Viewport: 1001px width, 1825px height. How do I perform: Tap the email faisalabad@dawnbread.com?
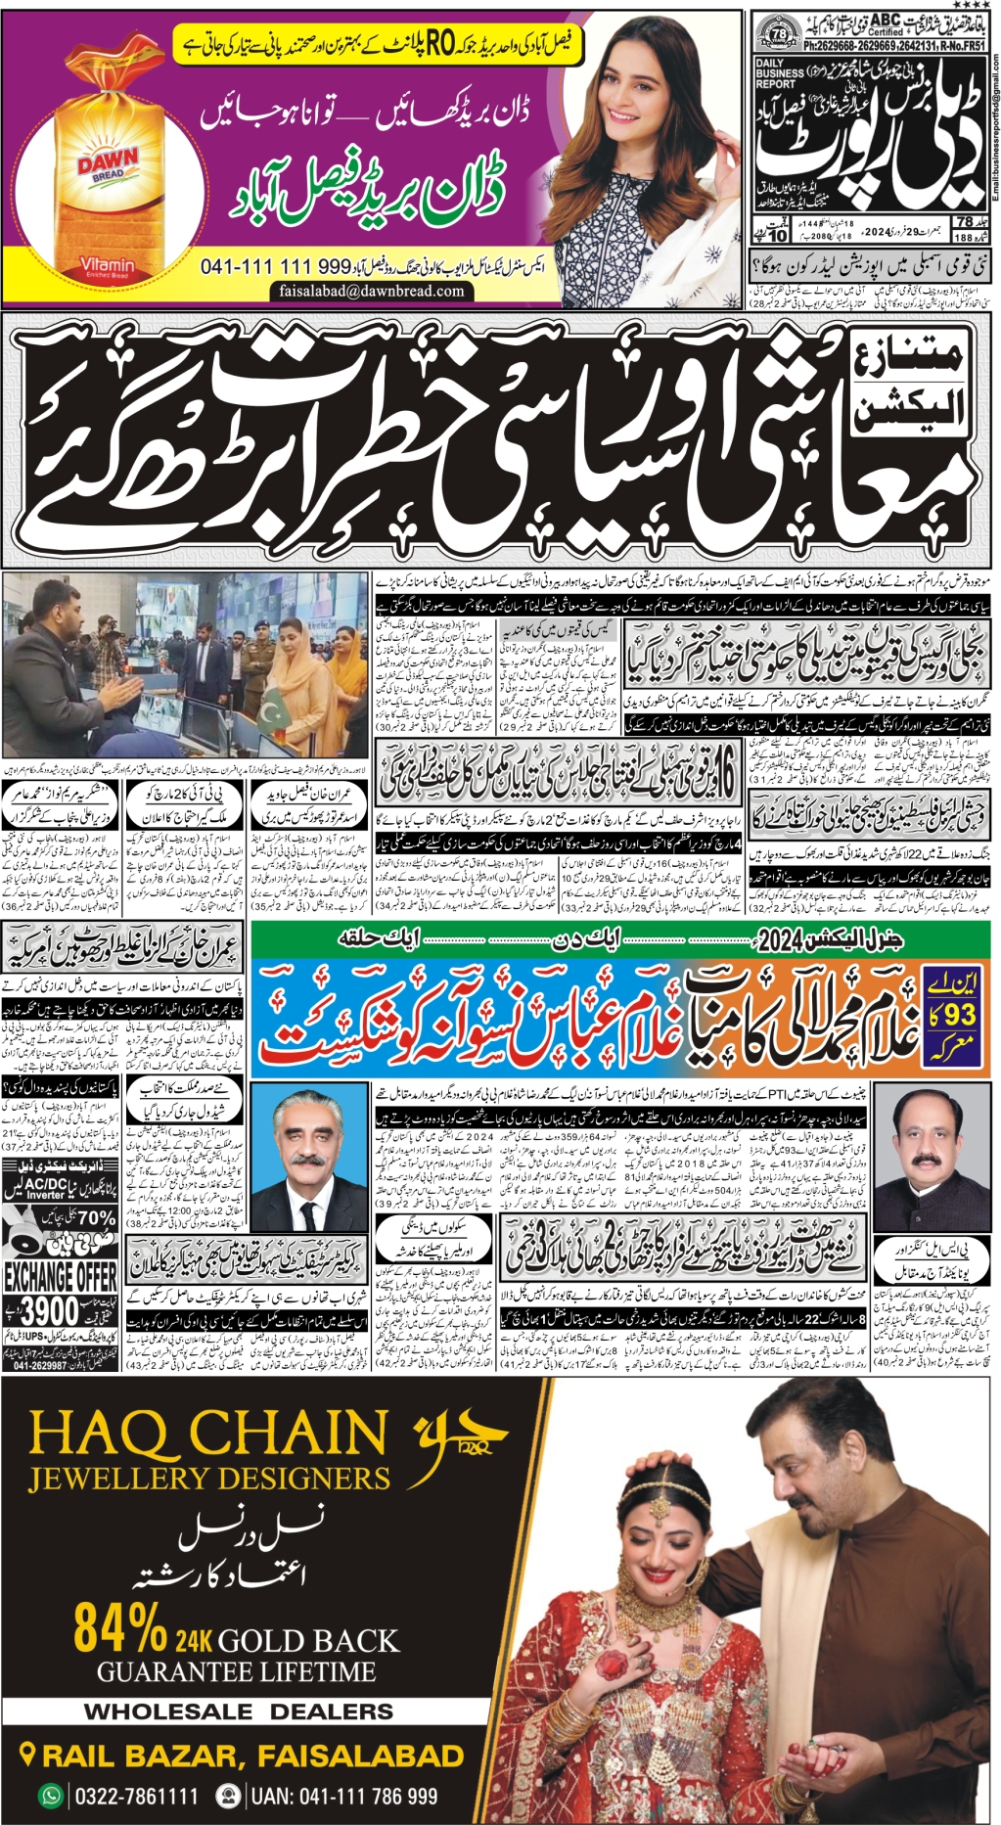point(371,291)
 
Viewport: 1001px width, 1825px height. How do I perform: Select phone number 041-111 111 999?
point(275,266)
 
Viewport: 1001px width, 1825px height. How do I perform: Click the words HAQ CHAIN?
point(208,1434)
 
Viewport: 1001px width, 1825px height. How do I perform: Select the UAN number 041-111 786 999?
point(343,1797)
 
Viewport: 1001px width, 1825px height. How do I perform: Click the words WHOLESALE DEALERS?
point(239,1711)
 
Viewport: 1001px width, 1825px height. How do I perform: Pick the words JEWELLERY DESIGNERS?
point(209,1478)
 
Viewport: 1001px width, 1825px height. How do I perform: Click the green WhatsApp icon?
point(49,1797)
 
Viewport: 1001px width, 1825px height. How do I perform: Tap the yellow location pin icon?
point(28,1755)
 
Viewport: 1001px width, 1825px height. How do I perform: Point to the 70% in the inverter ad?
point(96,1218)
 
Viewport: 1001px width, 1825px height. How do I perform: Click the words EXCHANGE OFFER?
point(61,1276)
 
